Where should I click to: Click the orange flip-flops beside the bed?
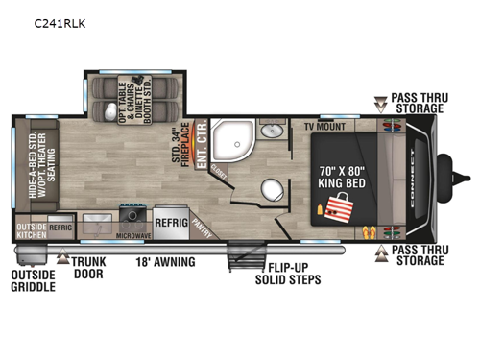point(369,230)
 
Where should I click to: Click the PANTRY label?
point(200,224)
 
